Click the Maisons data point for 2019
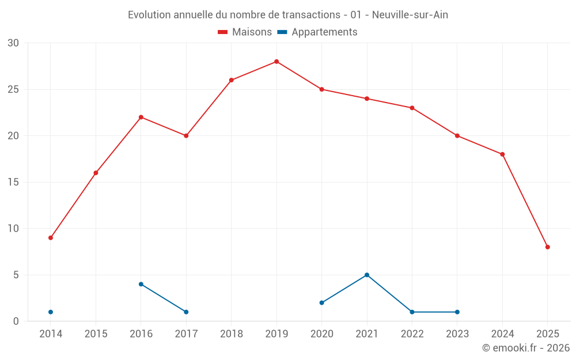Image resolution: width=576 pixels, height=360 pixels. pos(276,62)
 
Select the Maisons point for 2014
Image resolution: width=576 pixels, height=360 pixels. pos(51,238)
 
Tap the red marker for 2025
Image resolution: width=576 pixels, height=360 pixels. pos(548,247)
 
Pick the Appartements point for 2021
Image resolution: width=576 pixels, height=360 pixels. pos(367,275)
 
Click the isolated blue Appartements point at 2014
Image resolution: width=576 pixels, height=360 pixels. pos(51,312)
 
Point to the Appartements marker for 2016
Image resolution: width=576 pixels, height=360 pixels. pos(141,284)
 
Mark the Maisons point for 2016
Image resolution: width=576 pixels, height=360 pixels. pos(141,118)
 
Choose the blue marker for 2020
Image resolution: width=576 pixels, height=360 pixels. pos(322,303)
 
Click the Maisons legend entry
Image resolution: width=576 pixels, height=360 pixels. pos(245,32)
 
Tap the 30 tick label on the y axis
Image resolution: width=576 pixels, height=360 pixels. pos(13,43)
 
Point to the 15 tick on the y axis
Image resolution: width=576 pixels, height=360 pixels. pos(13,183)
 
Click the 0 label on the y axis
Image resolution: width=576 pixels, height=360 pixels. pos(16,321)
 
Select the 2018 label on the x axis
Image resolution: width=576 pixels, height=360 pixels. pos(232,334)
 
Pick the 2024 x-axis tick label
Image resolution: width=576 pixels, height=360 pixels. pos(502,334)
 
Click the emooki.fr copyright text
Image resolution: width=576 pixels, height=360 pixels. pos(525,348)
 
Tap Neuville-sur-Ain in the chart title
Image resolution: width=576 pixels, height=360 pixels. pos(410,15)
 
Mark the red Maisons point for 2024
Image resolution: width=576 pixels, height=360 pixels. pos(502,154)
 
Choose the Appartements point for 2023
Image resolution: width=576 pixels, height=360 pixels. pos(457,312)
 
